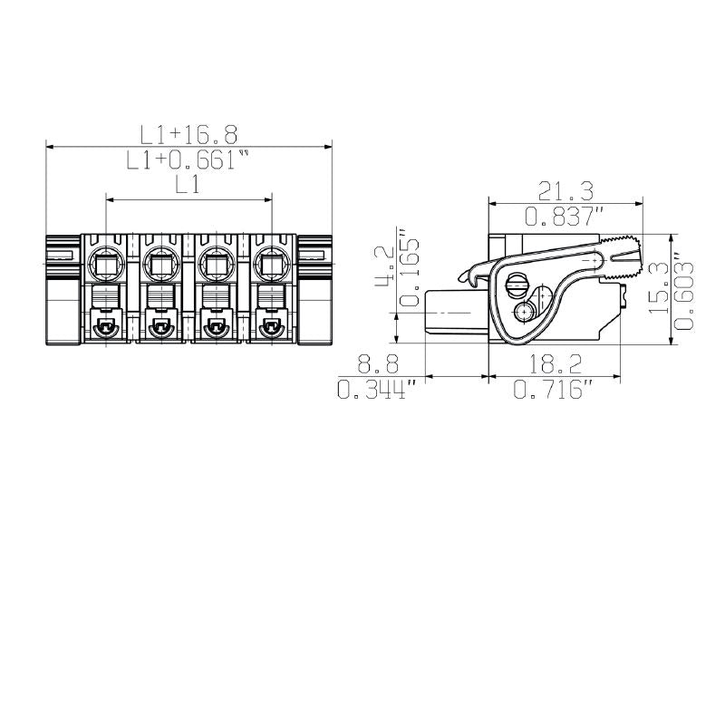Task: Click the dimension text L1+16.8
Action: coord(188,134)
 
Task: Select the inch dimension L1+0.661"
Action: coord(188,161)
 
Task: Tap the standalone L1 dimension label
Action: coord(188,186)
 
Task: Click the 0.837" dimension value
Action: coord(565,216)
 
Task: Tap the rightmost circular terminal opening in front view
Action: coord(271,265)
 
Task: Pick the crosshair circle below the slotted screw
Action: coord(525,313)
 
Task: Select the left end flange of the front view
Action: coord(63,288)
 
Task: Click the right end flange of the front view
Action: coord(315,288)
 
